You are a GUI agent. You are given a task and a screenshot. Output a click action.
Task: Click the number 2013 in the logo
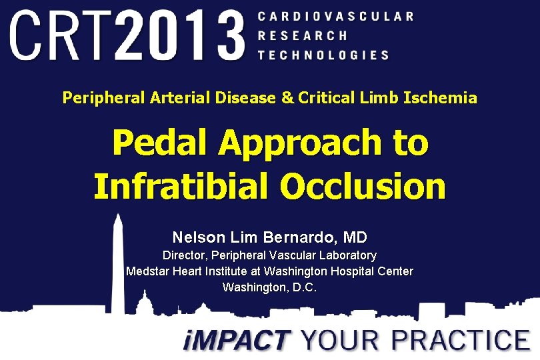pos(181,34)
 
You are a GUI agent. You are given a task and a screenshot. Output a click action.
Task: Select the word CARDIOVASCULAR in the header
pos(335,16)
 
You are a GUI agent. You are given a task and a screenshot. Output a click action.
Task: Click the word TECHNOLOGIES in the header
pos(323,55)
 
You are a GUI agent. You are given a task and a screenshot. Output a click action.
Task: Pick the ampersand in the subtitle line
pos(287,99)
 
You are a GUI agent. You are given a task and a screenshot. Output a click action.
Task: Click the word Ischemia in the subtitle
pos(444,99)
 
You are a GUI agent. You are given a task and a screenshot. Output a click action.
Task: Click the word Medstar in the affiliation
pos(148,271)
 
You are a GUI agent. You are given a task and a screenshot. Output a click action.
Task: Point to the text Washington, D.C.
pos(269,287)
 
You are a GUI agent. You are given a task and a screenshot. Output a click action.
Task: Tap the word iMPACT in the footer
pos(237,341)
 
